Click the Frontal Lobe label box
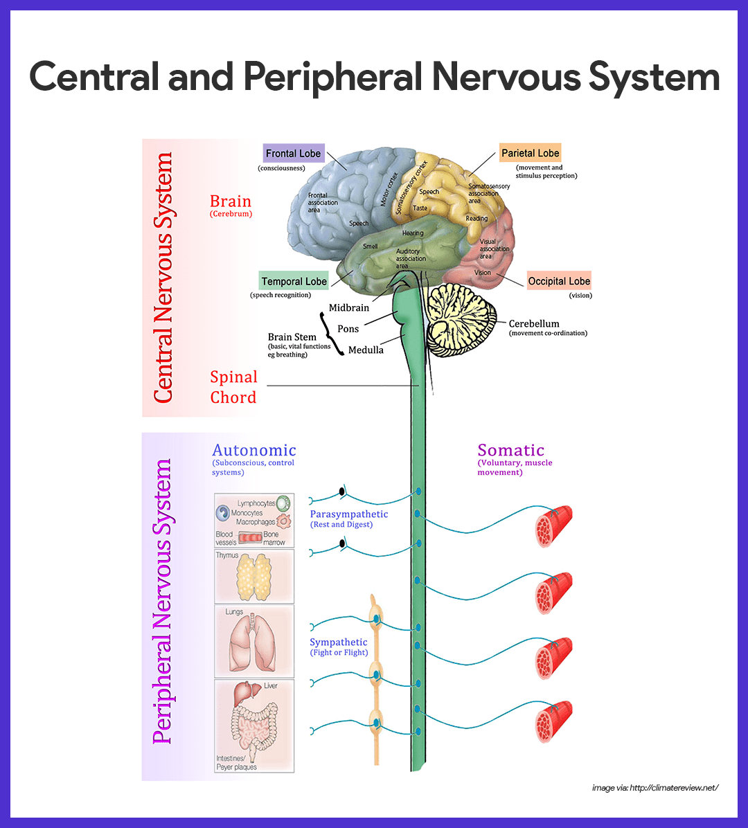coord(294,154)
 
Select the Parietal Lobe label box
coord(530,153)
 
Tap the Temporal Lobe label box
coord(294,281)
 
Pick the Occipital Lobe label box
coord(559,281)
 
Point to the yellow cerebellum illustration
coord(461,318)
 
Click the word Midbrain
coord(349,307)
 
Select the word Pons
coord(348,329)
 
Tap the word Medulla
coord(366,350)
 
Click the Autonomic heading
coord(253,451)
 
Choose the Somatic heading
coord(511,451)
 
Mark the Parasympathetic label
coord(349,514)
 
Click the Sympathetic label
coord(339,642)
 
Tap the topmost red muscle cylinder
coord(554,527)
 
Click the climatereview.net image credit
coord(655,788)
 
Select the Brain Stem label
coord(292,337)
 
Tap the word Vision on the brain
coord(483,273)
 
